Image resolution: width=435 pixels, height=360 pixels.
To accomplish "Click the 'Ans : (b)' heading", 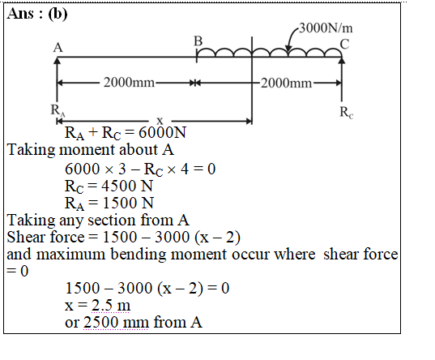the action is point(37,14).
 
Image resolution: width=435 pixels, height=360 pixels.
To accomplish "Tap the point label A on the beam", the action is point(58,48).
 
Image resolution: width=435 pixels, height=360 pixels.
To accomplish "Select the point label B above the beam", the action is point(198,41).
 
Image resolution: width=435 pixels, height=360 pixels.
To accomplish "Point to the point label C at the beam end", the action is point(344,45).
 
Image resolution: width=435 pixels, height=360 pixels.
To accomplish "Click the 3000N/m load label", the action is point(326,28).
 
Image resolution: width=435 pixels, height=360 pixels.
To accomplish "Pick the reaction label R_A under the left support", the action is point(58,110).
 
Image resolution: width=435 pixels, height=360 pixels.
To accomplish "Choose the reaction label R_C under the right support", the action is point(347,113).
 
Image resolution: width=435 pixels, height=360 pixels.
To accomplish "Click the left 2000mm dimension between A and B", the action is point(129,83).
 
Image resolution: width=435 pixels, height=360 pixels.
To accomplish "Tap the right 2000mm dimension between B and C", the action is point(286,83).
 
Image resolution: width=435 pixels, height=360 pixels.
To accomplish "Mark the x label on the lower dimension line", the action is point(160,121).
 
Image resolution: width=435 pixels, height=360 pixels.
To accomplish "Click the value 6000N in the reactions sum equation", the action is point(162,132).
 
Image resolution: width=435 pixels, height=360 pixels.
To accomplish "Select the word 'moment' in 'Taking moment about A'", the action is point(87,150).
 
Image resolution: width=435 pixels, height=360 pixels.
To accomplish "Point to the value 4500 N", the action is point(127,186).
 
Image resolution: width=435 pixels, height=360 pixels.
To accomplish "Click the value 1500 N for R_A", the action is point(128,203).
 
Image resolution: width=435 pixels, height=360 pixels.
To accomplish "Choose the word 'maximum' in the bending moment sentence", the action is point(70,255).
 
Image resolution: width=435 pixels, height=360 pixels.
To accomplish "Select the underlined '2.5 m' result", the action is point(111,306).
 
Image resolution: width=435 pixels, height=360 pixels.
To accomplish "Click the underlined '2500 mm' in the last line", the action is point(116,323).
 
